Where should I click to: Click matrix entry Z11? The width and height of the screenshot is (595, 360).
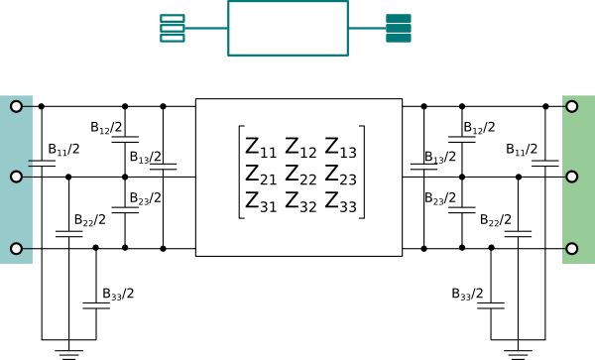pyautogui.click(x=261, y=148)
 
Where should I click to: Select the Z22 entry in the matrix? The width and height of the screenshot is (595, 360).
pyautogui.click(x=300, y=175)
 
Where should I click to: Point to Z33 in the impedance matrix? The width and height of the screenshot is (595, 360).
pyautogui.click(x=341, y=202)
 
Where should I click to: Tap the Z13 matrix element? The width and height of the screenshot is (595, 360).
pyautogui.click(x=341, y=148)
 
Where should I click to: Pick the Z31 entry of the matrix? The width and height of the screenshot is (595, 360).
pyautogui.click(x=261, y=202)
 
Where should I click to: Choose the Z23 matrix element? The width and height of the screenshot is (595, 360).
pyautogui.click(x=341, y=175)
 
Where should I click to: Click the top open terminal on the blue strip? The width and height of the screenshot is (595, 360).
pyautogui.click(x=16, y=106)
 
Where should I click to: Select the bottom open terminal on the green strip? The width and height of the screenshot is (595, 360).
pyautogui.click(x=572, y=249)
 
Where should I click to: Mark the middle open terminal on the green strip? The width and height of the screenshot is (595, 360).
pyautogui.click(x=572, y=177)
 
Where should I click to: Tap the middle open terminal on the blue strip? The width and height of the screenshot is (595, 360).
pyautogui.click(x=16, y=177)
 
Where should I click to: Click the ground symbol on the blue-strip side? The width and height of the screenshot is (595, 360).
pyautogui.click(x=68, y=354)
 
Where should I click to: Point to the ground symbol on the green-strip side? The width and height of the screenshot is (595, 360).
pyautogui.click(x=518, y=354)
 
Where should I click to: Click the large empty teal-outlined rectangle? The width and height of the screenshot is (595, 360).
pyautogui.click(x=288, y=1)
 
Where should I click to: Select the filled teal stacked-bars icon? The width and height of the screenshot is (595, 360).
pyautogui.click(x=399, y=28)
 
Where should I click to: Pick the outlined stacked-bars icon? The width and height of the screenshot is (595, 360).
pyautogui.click(x=173, y=28)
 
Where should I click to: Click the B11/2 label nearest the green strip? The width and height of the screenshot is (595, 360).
pyautogui.click(x=522, y=150)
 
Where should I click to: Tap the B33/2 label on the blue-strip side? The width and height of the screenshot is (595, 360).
pyautogui.click(x=118, y=294)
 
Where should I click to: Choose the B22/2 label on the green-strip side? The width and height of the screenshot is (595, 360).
pyautogui.click(x=496, y=220)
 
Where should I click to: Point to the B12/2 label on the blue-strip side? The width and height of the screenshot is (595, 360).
pyautogui.click(x=106, y=128)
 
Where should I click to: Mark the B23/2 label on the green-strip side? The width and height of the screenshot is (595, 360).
pyautogui.click(x=439, y=198)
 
